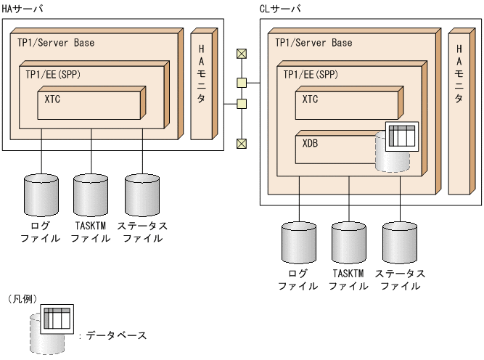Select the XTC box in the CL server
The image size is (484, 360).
(x=345, y=106)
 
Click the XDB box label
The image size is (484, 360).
(x=310, y=144)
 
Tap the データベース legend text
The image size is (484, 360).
(x=116, y=335)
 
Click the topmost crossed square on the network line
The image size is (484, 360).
(x=242, y=54)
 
